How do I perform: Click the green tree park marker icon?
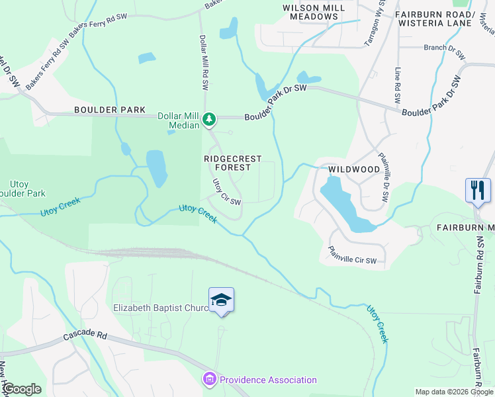[x=209, y=118]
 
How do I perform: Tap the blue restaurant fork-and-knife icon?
[x=477, y=191]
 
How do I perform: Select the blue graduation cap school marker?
[x=221, y=300]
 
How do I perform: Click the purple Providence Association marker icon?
[x=209, y=379]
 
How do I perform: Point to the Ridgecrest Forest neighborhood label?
[x=232, y=163]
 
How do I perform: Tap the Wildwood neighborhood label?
[x=354, y=169]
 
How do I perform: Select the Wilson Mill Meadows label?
[x=306, y=12]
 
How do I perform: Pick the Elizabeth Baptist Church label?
[x=161, y=308]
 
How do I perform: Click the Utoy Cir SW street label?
[x=226, y=192]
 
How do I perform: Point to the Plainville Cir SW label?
[x=352, y=255]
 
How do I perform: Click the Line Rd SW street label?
[x=398, y=86]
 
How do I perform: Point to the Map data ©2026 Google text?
[x=453, y=392]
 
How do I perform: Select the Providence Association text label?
[x=268, y=380]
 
